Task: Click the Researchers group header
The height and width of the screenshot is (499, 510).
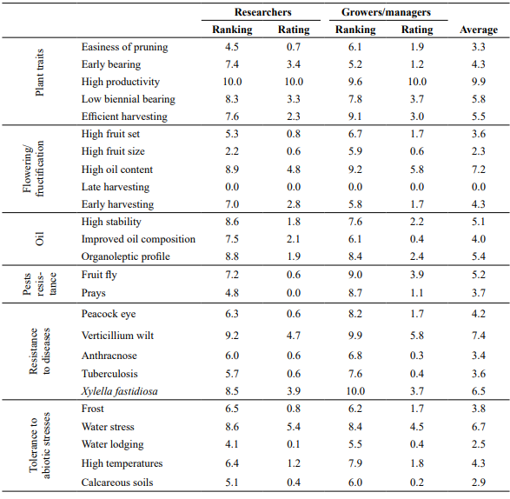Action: click(x=262, y=12)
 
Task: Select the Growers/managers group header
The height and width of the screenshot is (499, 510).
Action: click(x=386, y=12)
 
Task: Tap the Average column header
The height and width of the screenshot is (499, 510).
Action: click(x=479, y=30)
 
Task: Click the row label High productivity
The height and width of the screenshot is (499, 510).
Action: click(x=121, y=82)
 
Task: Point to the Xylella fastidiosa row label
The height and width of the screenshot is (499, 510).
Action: click(x=119, y=391)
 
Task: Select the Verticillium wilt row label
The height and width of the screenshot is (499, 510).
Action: click(x=117, y=336)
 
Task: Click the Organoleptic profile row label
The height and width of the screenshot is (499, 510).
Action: click(x=126, y=256)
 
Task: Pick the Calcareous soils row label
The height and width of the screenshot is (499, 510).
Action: click(x=117, y=482)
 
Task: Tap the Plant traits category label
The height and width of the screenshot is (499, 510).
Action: click(x=39, y=72)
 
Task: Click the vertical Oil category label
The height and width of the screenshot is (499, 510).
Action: click(x=39, y=239)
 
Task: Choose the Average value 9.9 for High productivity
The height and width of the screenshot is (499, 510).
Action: click(x=479, y=82)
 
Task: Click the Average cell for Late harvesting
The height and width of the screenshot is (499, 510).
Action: click(x=479, y=187)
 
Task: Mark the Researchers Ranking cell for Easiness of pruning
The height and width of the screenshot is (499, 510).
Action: click(x=232, y=47)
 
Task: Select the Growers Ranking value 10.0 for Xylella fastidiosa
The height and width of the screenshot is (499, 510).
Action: click(x=355, y=391)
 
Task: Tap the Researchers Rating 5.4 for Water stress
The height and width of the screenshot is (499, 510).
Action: click(x=294, y=427)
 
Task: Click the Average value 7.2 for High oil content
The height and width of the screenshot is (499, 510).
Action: click(x=479, y=170)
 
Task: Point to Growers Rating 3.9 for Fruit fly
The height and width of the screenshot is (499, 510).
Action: click(x=417, y=275)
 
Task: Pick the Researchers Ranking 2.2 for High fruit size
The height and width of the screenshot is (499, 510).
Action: click(x=232, y=151)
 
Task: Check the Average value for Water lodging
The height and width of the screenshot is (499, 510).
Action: click(x=479, y=444)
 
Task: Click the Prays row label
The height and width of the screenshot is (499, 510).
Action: click(x=93, y=293)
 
